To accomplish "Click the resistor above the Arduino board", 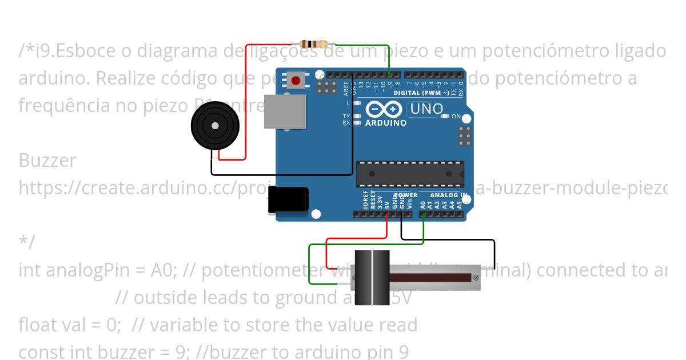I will [314, 44].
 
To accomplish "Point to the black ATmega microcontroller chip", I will [410, 174].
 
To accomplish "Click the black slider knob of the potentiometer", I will [372, 278].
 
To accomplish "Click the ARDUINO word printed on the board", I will [386, 123].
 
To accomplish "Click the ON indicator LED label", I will [456, 116].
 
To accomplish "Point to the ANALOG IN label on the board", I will [449, 195].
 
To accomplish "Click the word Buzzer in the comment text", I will [47, 160].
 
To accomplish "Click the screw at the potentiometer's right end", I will [475, 278].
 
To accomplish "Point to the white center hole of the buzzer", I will [215, 125].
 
